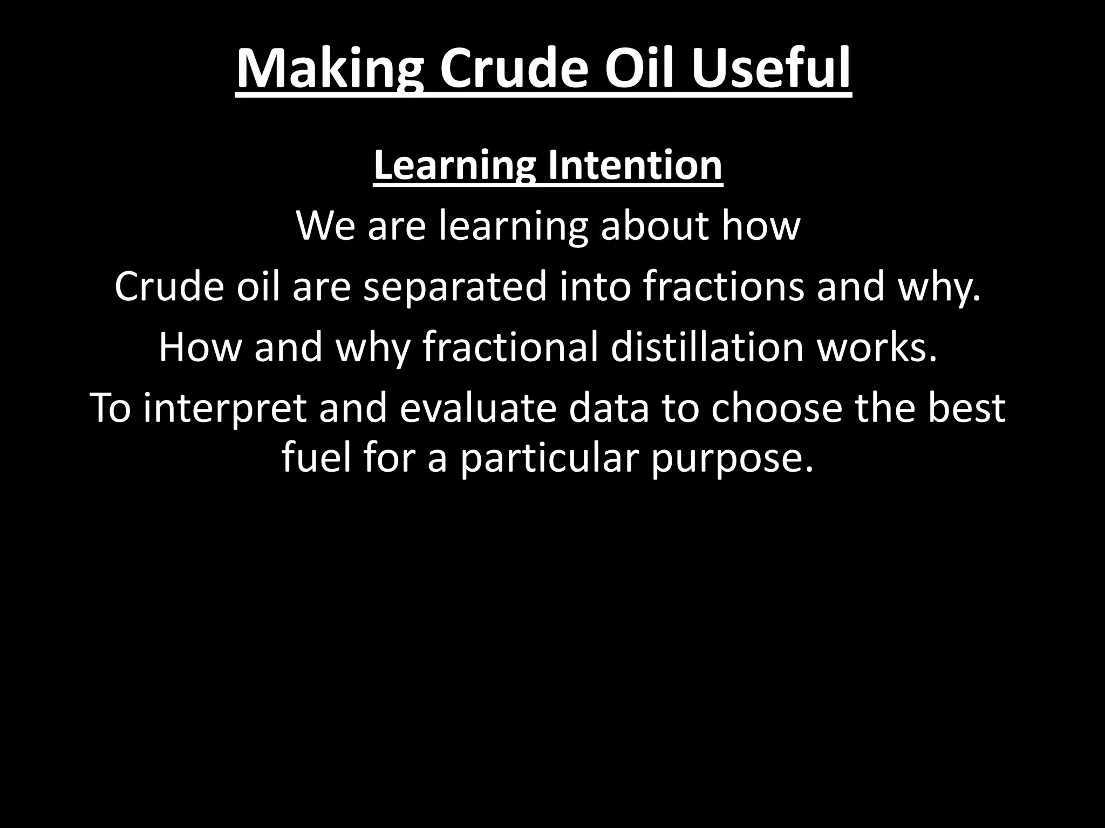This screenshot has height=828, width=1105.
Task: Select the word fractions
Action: tap(723, 286)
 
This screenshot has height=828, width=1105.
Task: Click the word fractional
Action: tap(510, 347)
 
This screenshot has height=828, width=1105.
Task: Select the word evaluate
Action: tap(478, 409)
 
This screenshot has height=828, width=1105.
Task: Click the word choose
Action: tap(776, 409)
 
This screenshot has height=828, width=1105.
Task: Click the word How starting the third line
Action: tap(200, 347)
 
